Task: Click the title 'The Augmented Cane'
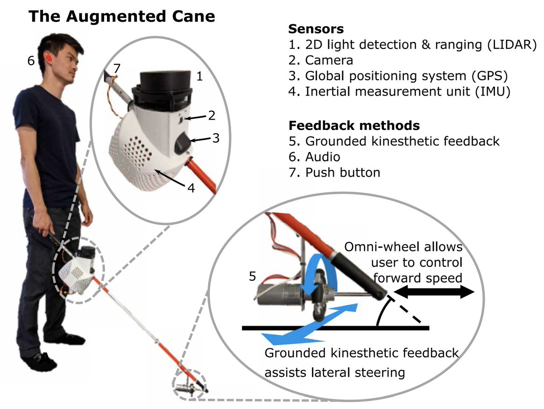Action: (121, 17)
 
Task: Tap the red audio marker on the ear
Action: (48, 59)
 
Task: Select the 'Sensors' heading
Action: (316, 29)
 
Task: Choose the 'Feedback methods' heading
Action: (354, 125)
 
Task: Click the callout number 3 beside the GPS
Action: (216, 138)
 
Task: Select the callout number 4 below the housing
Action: (191, 188)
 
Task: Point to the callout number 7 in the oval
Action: (117, 69)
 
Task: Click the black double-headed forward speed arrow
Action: (434, 293)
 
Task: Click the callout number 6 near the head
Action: (30, 60)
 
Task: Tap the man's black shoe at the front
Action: (40, 361)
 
